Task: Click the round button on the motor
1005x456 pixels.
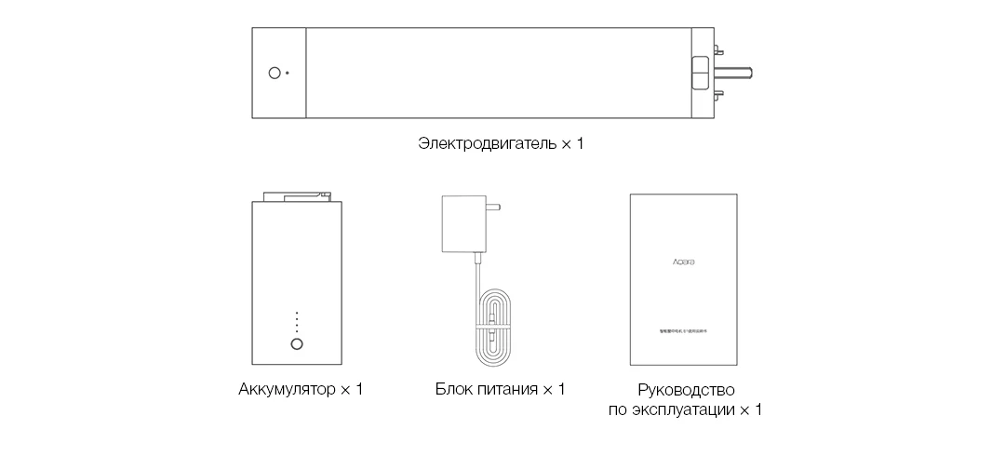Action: (275, 73)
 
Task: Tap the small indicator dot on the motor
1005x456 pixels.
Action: (288, 73)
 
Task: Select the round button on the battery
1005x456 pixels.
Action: (297, 344)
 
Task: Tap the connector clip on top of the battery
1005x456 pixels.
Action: (297, 195)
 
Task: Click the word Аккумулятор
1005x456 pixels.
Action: (285, 389)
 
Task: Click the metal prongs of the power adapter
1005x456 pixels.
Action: (493, 208)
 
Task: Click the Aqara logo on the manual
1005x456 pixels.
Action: (684, 262)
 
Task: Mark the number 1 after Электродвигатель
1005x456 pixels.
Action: (580, 145)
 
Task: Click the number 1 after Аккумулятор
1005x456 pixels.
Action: (359, 389)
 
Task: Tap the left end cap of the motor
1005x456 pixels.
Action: (278, 73)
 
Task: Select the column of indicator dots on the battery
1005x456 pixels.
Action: (297, 322)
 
